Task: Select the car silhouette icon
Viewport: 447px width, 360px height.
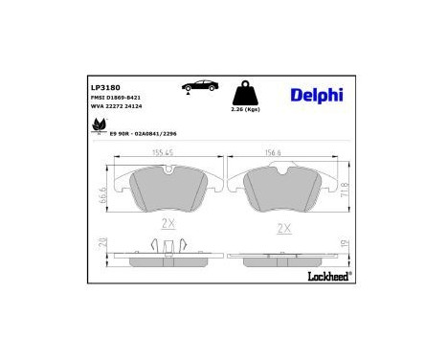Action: click(x=201, y=88)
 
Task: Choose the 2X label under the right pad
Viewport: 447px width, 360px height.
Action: click(x=283, y=229)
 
